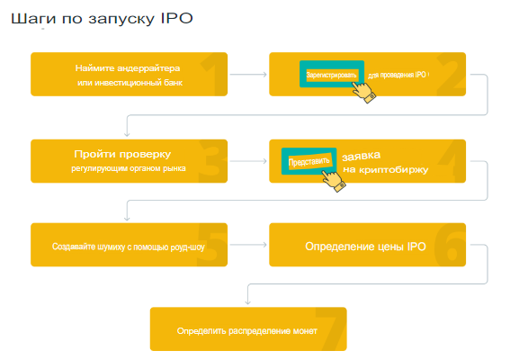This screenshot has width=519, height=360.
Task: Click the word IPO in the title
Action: click(x=177, y=18)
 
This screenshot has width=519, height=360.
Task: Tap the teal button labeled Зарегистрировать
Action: click(x=332, y=74)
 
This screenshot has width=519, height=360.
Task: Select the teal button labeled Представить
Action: click(x=309, y=161)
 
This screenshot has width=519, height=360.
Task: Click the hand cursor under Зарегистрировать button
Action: click(x=363, y=92)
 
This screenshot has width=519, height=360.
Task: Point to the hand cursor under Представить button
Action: click(x=334, y=181)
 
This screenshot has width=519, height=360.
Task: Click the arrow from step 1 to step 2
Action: click(x=248, y=75)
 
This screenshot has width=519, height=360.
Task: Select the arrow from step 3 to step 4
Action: click(x=248, y=161)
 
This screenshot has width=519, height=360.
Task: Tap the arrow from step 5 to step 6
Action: click(x=248, y=245)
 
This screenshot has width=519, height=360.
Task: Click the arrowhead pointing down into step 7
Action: click(x=247, y=301)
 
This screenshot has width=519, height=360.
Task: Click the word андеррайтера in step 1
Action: click(x=148, y=68)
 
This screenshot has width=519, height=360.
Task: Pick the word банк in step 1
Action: click(x=173, y=83)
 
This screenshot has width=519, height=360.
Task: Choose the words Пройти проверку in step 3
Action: click(x=122, y=154)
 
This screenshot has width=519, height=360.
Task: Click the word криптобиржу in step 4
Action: click(x=394, y=170)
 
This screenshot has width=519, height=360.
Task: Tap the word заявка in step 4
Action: click(x=361, y=156)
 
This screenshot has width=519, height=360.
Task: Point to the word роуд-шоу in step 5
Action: click(x=188, y=247)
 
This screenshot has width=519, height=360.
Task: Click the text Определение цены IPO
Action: click(x=365, y=247)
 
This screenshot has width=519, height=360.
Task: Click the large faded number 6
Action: click(x=450, y=245)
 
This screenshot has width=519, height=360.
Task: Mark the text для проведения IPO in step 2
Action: click(x=397, y=76)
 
